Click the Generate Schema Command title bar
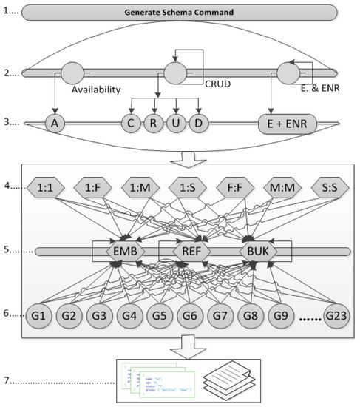pyautogui.click(x=180, y=13)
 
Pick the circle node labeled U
pyautogui.click(x=175, y=122)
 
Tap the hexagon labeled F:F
pyautogui.click(x=229, y=187)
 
